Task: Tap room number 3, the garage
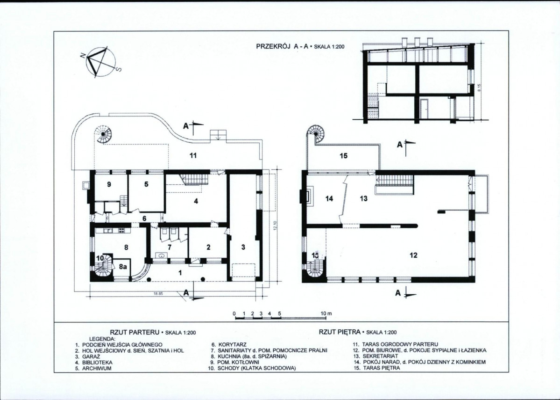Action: tap(243, 247)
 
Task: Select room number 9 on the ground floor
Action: tap(109, 184)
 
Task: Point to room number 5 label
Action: tap(146, 184)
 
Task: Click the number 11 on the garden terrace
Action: tap(193, 156)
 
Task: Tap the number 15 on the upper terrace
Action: tap(344, 156)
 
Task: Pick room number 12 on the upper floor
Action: tap(413, 255)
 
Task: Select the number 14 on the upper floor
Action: tap(329, 198)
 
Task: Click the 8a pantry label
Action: tap(123, 267)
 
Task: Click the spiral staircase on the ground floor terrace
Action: tap(104, 134)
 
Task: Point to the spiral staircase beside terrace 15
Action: tap(316, 134)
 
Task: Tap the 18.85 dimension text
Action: tap(158, 294)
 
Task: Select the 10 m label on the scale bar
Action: tap(326, 313)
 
